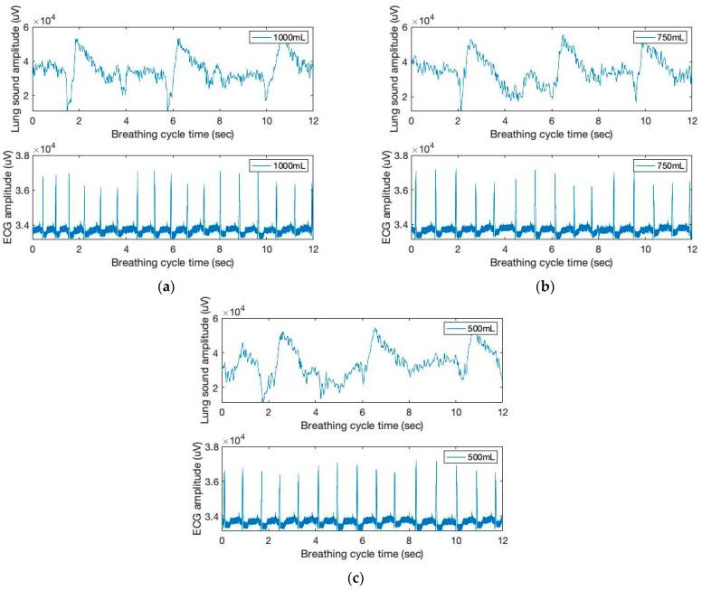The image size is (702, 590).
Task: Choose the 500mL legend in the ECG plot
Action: pos(470,457)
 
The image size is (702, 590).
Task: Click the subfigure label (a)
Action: pos(166,286)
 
